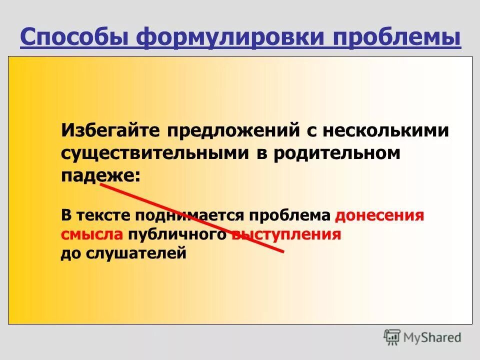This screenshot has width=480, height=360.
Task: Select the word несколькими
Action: point(385,130)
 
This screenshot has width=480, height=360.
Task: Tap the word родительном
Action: point(336,153)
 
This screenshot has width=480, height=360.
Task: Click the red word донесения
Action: point(379,215)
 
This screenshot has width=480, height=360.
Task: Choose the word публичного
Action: point(177,234)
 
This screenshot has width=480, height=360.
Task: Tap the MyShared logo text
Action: point(433,338)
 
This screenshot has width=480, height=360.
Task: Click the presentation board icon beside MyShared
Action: point(392,337)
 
